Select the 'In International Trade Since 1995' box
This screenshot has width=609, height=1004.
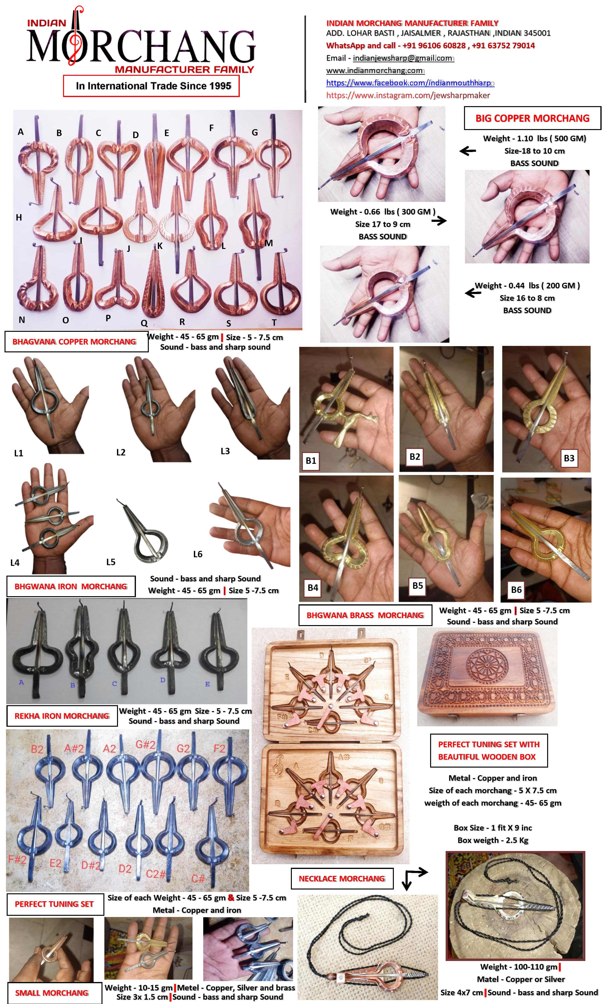coord(151,86)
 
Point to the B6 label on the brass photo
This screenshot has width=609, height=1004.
coord(516,589)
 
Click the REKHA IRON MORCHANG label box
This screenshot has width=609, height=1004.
coord(62,716)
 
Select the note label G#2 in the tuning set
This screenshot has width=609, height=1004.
coord(145,744)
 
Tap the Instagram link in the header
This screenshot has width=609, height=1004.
coord(408,95)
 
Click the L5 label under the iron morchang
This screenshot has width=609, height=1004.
coord(111,562)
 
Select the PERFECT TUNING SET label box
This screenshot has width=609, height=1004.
coord(54,904)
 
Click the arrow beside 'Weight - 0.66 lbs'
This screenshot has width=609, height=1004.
coord(439,221)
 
